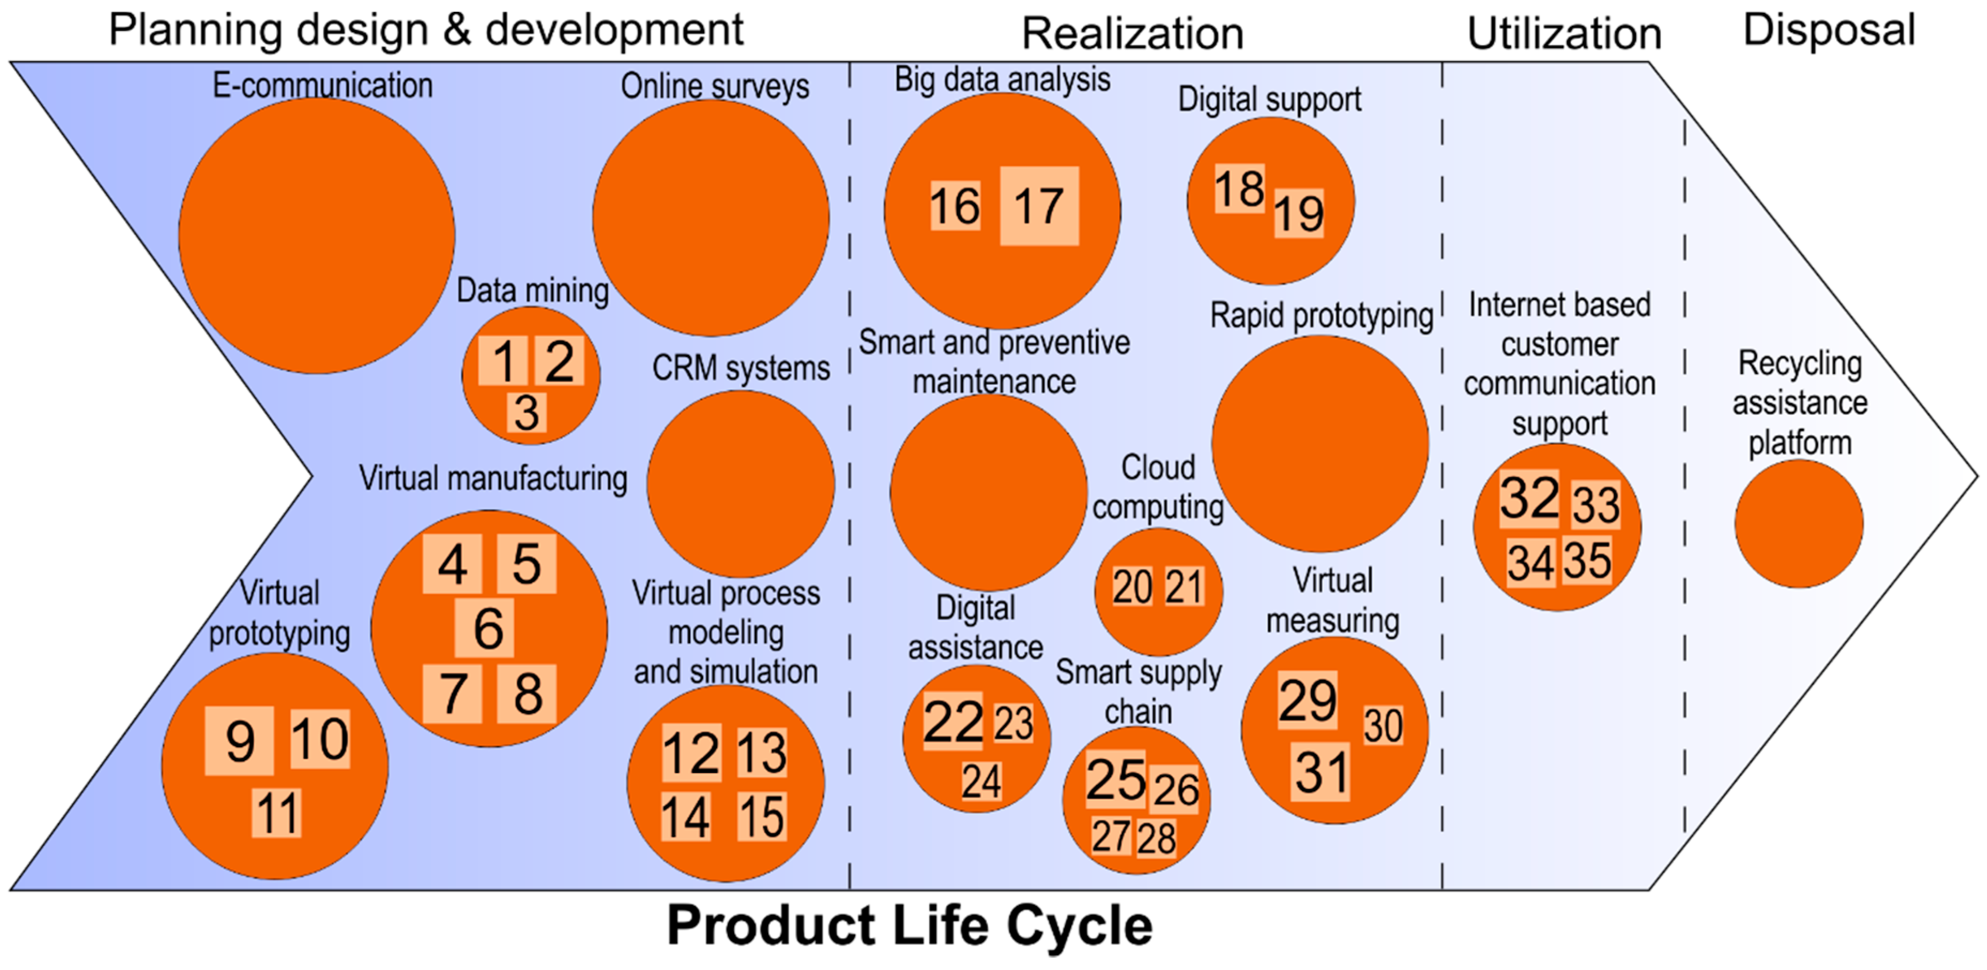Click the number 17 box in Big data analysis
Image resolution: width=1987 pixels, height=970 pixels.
1039,206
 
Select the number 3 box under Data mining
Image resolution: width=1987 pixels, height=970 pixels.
527,413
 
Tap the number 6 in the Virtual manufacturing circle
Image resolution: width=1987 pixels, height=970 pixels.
488,628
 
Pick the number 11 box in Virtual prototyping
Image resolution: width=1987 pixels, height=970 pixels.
276,813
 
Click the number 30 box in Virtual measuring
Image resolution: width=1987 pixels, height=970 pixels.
1383,726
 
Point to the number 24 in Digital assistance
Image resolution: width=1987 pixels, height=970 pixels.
981,782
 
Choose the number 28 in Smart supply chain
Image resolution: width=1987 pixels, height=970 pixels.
1156,838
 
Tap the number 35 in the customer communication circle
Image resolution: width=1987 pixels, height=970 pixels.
1587,561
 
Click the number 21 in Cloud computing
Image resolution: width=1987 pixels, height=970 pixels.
1184,588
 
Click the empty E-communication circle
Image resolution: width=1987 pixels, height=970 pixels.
316,236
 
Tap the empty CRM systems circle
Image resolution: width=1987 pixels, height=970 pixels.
740,484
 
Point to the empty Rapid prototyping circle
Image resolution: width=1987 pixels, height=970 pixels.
1320,444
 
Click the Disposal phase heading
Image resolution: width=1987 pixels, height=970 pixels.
1829,31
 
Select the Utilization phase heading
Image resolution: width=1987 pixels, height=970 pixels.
1563,34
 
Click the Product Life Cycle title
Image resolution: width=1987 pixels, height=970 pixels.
910,925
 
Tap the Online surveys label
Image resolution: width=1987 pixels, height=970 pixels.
715,86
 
